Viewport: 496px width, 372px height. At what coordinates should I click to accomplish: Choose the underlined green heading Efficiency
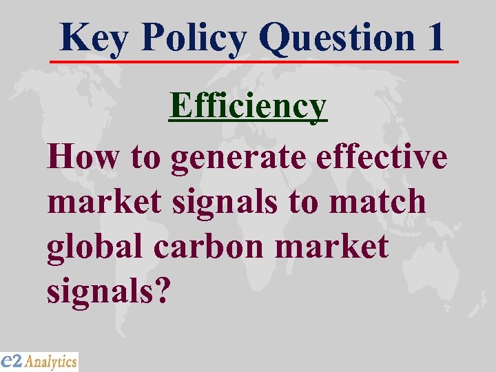(248, 107)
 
